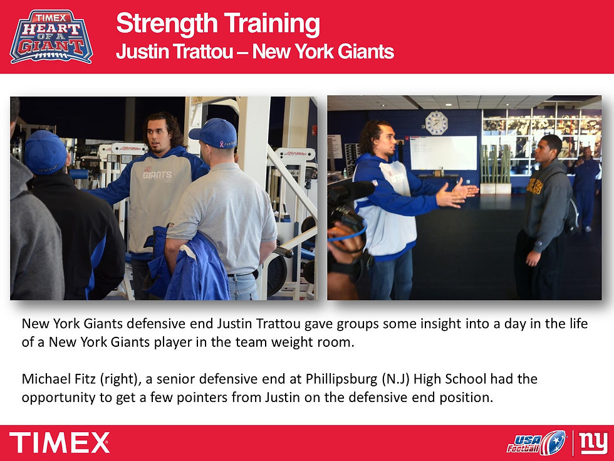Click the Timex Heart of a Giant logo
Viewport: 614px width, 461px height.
(51, 36)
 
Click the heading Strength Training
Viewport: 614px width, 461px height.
(218, 24)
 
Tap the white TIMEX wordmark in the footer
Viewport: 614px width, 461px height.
(60, 443)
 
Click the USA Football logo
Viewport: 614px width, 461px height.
(536, 442)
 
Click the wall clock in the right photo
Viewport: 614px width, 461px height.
(436, 123)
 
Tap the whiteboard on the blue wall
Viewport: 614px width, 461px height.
(443, 152)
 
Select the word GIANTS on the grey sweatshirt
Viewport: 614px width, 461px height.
(157, 175)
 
